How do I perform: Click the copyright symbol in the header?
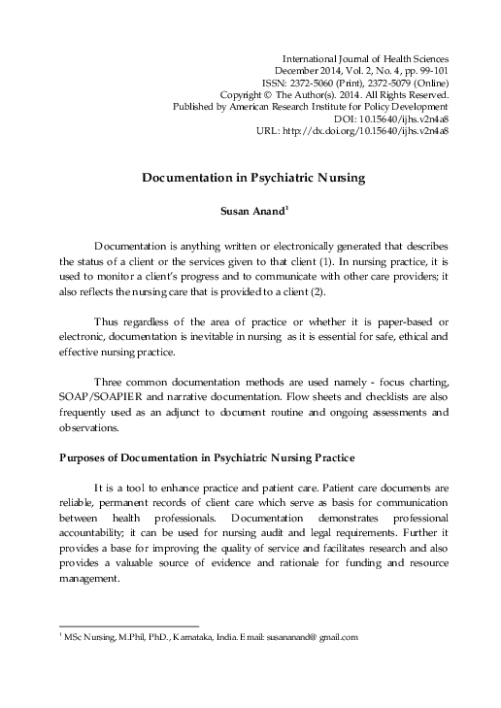click(x=292, y=95)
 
